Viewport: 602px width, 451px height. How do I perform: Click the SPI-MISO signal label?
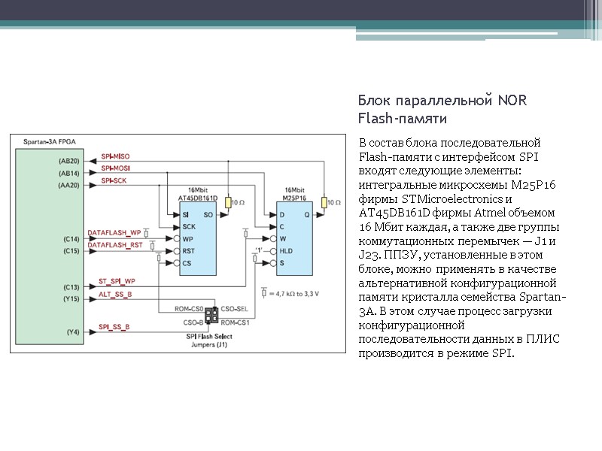tap(115, 156)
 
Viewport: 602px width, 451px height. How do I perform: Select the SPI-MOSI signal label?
tap(115, 168)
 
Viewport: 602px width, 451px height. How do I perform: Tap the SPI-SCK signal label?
tap(114, 181)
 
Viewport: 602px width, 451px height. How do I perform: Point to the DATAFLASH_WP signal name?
tap(114, 232)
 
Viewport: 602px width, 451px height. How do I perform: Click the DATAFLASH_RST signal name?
tap(115, 245)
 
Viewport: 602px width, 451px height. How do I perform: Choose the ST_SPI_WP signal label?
tap(117, 282)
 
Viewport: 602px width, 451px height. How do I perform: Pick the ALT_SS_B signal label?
tap(115, 295)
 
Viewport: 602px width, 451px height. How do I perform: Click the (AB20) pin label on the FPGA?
tap(68, 161)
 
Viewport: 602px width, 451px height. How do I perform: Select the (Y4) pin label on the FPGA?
tap(72, 331)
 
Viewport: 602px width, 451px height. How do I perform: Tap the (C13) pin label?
tap(71, 287)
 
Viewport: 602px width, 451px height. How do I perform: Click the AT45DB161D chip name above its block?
tap(198, 198)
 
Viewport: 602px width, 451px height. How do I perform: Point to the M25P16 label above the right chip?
tap(295, 198)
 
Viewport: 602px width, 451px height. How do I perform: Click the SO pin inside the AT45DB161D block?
tap(208, 215)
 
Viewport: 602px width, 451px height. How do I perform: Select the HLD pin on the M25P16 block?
tap(286, 251)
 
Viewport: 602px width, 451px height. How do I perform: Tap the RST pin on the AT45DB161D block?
tap(188, 251)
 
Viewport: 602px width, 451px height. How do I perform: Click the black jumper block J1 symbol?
tap(211, 316)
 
